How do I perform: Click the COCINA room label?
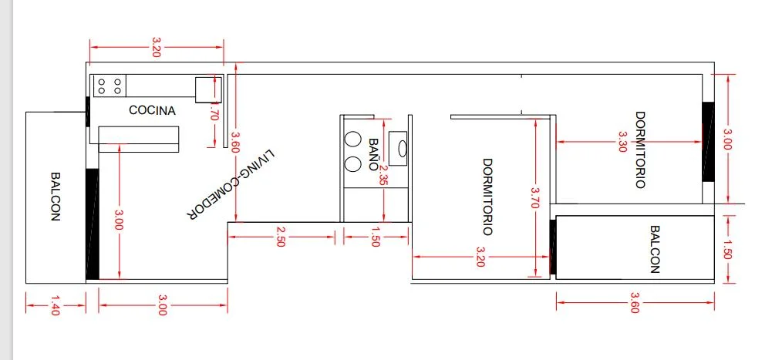pyautogui.click(x=152, y=110)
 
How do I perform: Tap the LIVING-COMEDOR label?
pyautogui.click(x=230, y=186)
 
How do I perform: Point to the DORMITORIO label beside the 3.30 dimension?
pyautogui.click(x=640, y=150)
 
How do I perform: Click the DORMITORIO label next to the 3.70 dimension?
pyautogui.click(x=487, y=197)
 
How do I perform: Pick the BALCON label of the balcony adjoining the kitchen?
pyautogui.click(x=55, y=196)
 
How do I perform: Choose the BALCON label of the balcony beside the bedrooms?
pyautogui.click(x=655, y=249)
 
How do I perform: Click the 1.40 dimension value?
pyautogui.click(x=54, y=306)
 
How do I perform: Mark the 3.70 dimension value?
pyautogui.click(x=533, y=200)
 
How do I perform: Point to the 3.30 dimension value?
pyautogui.click(x=623, y=142)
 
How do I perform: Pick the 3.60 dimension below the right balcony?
pyautogui.click(x=635, y=302)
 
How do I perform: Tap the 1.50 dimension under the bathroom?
pyautogui.click(x=376, y=237)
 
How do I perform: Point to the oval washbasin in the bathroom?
pyautogui.click(x=401, y=148)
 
